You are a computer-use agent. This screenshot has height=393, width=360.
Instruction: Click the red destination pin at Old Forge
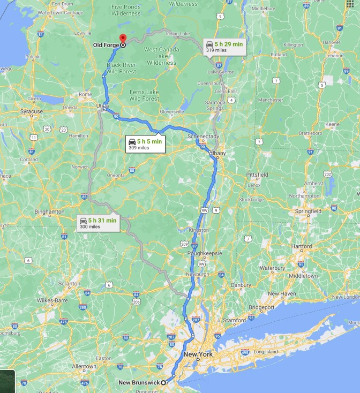point(123,39)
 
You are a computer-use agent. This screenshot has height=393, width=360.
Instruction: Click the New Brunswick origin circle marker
point(163,382)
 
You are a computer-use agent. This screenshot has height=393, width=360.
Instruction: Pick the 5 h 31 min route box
point(97,223)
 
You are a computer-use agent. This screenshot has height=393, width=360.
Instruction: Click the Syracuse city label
point(31,111)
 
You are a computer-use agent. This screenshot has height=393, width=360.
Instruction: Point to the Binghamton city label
point(49,211)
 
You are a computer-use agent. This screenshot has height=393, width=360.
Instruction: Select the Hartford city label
point(302,246)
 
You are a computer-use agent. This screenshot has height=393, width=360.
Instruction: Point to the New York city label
point(198,354)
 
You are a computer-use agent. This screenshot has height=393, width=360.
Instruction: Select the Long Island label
point(266,352)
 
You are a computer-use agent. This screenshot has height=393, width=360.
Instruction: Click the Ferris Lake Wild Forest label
point(144,95)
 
